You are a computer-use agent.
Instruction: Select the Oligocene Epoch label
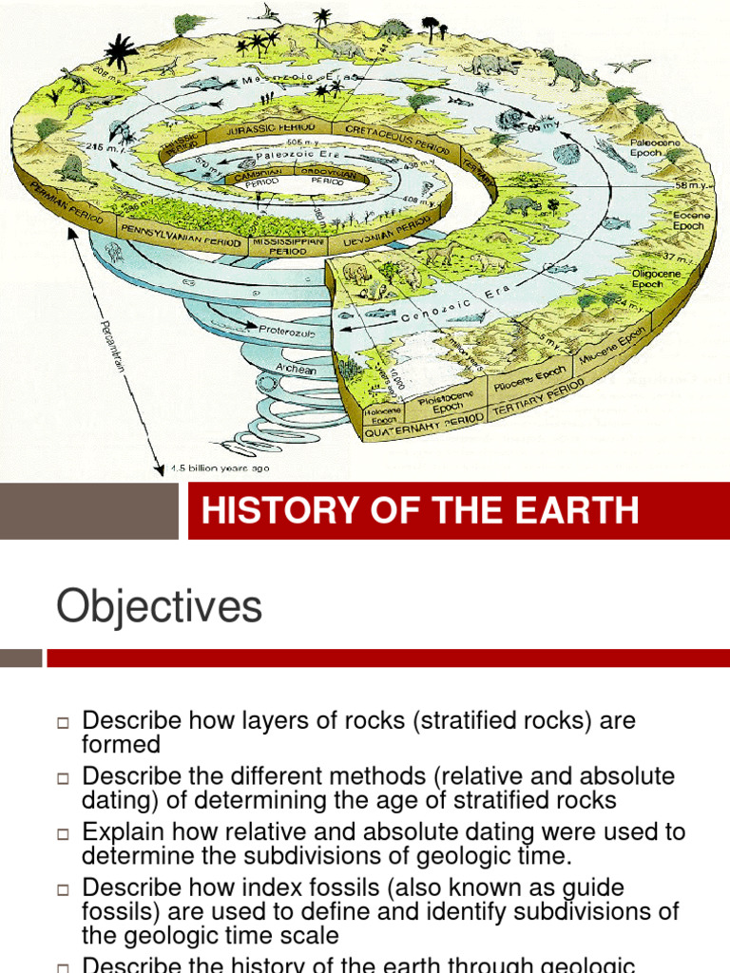click(656, 277)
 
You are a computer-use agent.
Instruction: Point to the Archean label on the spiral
click(296, 369)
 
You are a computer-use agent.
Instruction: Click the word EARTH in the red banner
click(570, 511)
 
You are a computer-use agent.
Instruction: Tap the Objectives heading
click(159, 606)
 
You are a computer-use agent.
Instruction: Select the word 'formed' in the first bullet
click(122, 745)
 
